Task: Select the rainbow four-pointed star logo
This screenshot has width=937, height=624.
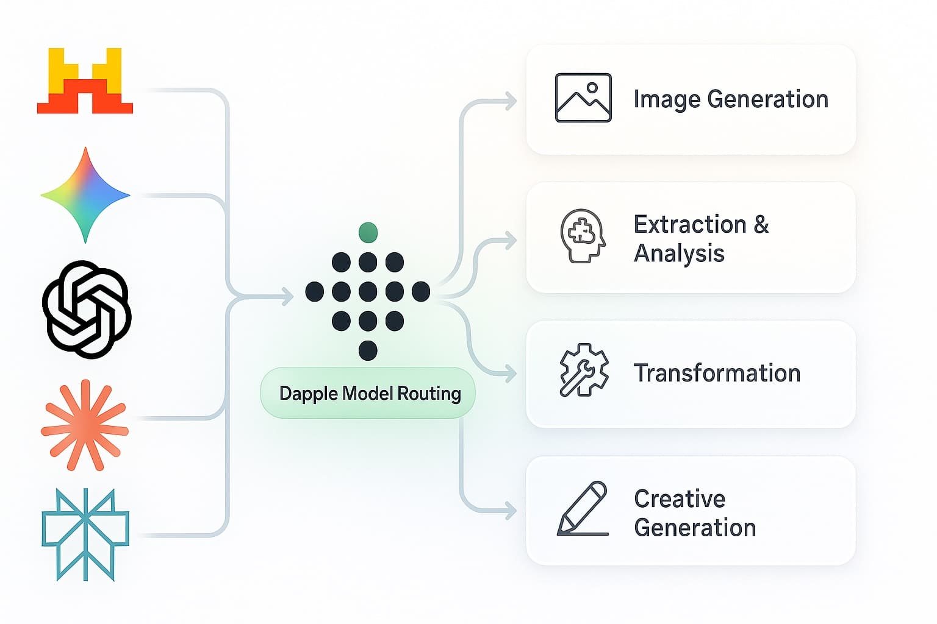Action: (x=85, y=196)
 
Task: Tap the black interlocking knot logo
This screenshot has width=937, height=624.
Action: (x=87, y=309)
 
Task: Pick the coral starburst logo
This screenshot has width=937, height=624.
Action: (x=85, y=425)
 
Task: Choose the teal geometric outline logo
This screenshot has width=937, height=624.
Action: (x=85, y=534)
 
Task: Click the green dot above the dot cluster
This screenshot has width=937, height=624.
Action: (x=368, y=232)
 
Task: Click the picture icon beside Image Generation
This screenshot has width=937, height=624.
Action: (x=583, y=98)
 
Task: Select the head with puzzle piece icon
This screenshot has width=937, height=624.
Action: (x=583, y=236)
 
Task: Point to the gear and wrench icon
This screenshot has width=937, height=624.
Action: (x=584, y=370)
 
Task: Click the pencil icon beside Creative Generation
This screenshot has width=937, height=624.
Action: (x=583, y=509)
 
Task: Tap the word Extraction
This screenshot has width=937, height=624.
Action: (x=690, y=224)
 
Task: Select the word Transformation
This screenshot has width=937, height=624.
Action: (x=717, y=373)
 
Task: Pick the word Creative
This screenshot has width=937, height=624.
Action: (x=680, y=499)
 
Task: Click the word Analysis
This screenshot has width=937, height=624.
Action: (x=679, y=253)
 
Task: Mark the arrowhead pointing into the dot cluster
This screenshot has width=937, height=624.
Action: (x=287, y=297)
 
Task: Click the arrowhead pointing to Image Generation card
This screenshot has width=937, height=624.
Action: (x=511, y=101)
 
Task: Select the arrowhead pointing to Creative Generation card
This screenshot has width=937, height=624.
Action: (x=511, y=511)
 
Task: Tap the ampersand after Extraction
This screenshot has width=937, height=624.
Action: (x=761, y=224)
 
